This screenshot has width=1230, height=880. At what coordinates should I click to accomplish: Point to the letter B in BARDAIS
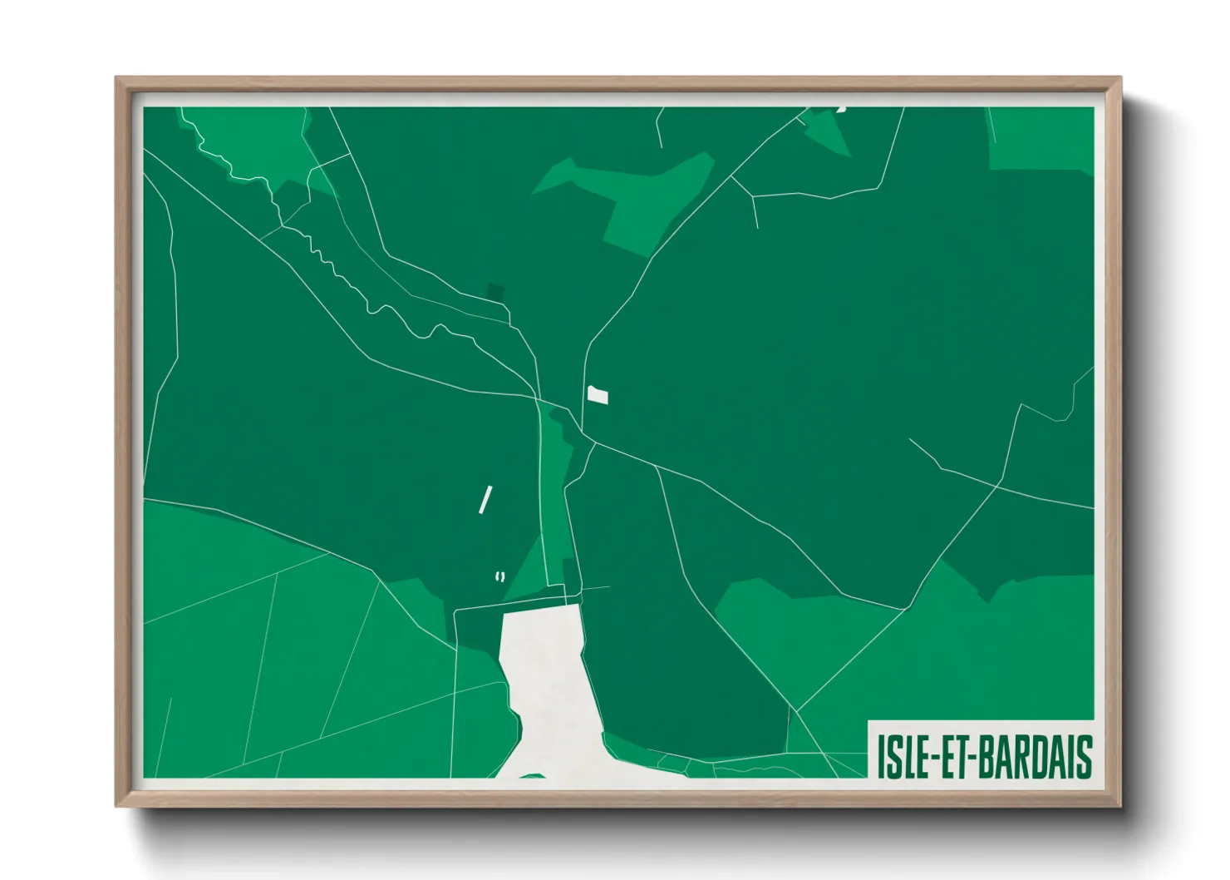pyautogui.click(x=985, y=756)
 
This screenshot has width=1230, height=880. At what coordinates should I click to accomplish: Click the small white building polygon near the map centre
pyautogui.click(x=598, y=395)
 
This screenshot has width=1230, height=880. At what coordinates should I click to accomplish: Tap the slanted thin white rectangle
pyautogui.click(x=485, y=500)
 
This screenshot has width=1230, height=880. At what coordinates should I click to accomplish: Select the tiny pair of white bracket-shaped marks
pyautogui.click(x=499, y=576)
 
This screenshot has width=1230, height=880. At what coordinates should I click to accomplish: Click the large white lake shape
pyautogui.click(x=549, y=682)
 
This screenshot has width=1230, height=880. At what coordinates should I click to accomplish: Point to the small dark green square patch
pyautogui.click(x=495, y=292)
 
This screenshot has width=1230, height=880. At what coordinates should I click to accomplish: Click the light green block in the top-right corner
pyautogui.click(x=1041, y=137)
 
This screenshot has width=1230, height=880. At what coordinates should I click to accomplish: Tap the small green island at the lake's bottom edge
pyautogui.click(x=533, y=776)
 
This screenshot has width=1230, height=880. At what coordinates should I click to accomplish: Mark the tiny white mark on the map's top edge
pyautogui.click(x=841, y=108)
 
